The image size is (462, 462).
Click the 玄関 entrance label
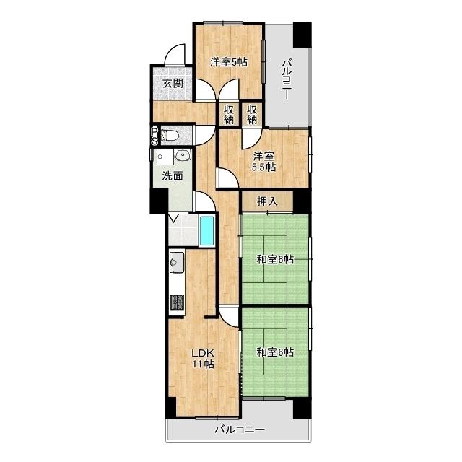(x=173, y=84)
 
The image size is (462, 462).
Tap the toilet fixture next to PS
(x=170, y=135)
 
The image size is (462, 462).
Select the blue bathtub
(x=206, y=231)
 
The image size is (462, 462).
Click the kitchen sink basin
(x=176, y=261)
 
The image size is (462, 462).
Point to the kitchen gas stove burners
(x=177, y=303)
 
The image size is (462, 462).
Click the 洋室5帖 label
(x=229, y=63)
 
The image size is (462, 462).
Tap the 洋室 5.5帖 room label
(x=263, y=162)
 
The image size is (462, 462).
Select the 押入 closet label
(x=267, y=201)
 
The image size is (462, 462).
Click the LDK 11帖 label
(x=203, y=359)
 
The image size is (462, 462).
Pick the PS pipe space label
(x=154, y=136)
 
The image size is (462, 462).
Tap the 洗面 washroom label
(x=173, y=176)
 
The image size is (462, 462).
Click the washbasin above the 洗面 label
(x=183, y=154)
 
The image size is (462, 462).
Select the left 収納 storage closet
(x=229, y=114)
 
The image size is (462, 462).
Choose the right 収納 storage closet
(x=252, y=114)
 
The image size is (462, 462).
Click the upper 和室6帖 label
(x=275, y=260)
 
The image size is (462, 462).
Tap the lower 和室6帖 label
(x=275, y=352)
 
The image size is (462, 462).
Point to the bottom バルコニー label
(x=240, y=430)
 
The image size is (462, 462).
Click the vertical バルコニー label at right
(x=287, y=79)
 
